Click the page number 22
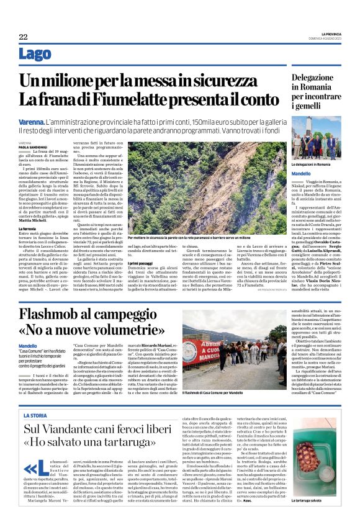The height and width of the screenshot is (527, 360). point(23,37)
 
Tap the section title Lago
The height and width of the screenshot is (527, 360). point(35,55)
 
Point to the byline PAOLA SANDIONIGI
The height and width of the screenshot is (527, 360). point(35,146)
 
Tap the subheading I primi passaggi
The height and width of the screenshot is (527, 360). point(141,263)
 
